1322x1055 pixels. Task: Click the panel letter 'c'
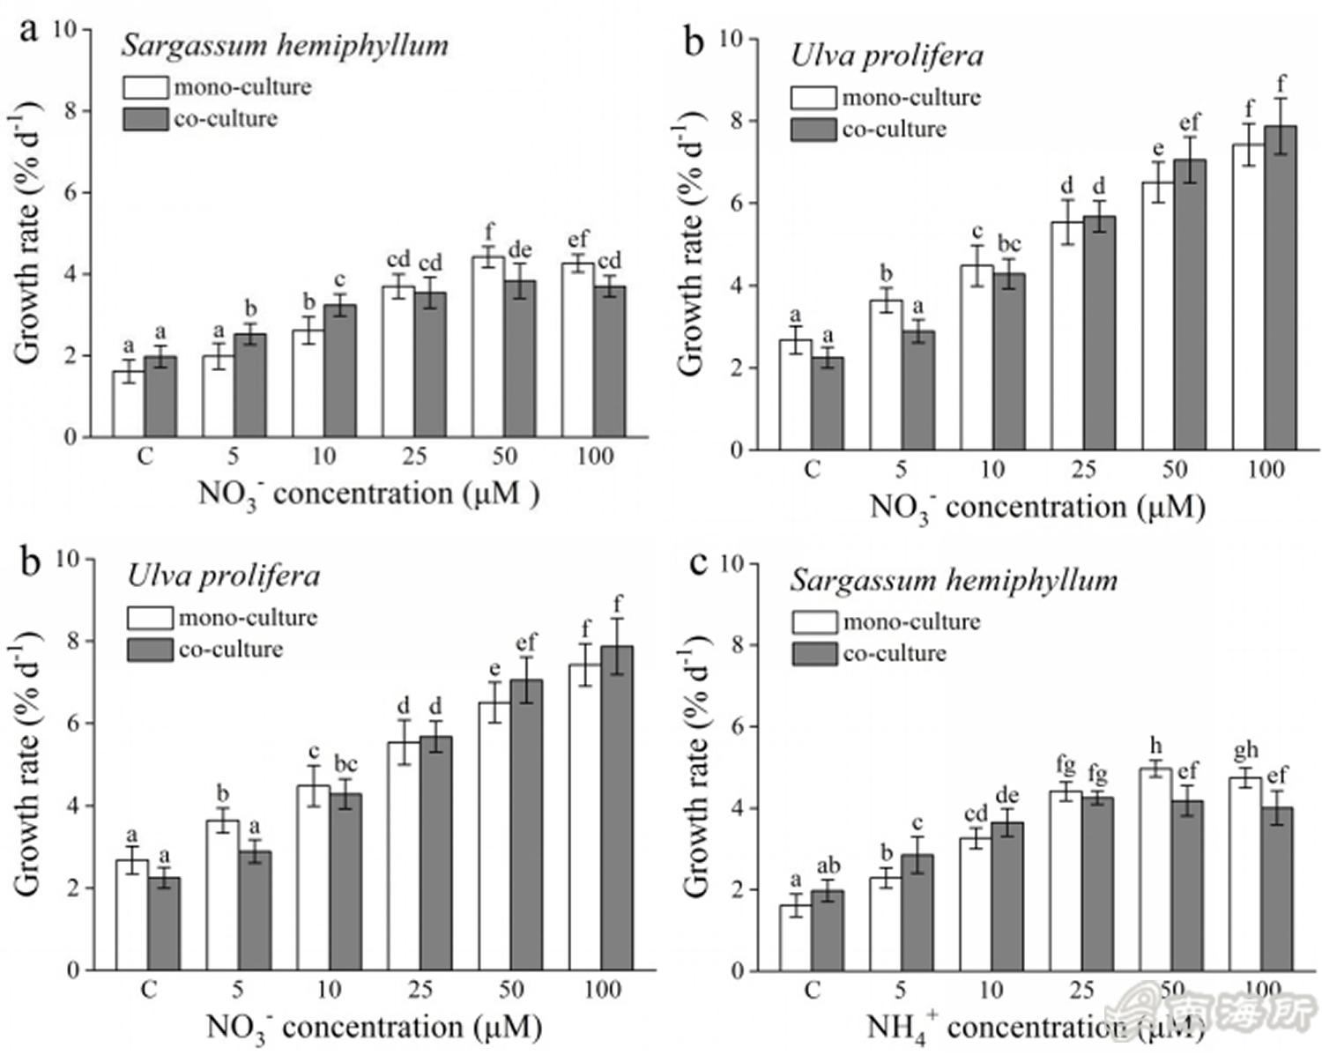698,562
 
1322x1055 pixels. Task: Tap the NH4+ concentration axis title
1035,1027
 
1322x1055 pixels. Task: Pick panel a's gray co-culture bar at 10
340,370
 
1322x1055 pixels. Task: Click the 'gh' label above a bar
1245,751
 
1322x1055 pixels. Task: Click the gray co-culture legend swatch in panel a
145,119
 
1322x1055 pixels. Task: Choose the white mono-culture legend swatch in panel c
813,621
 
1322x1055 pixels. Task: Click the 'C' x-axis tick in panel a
144,456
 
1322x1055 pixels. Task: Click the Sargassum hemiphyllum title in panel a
285,46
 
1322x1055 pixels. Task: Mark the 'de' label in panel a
520,250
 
